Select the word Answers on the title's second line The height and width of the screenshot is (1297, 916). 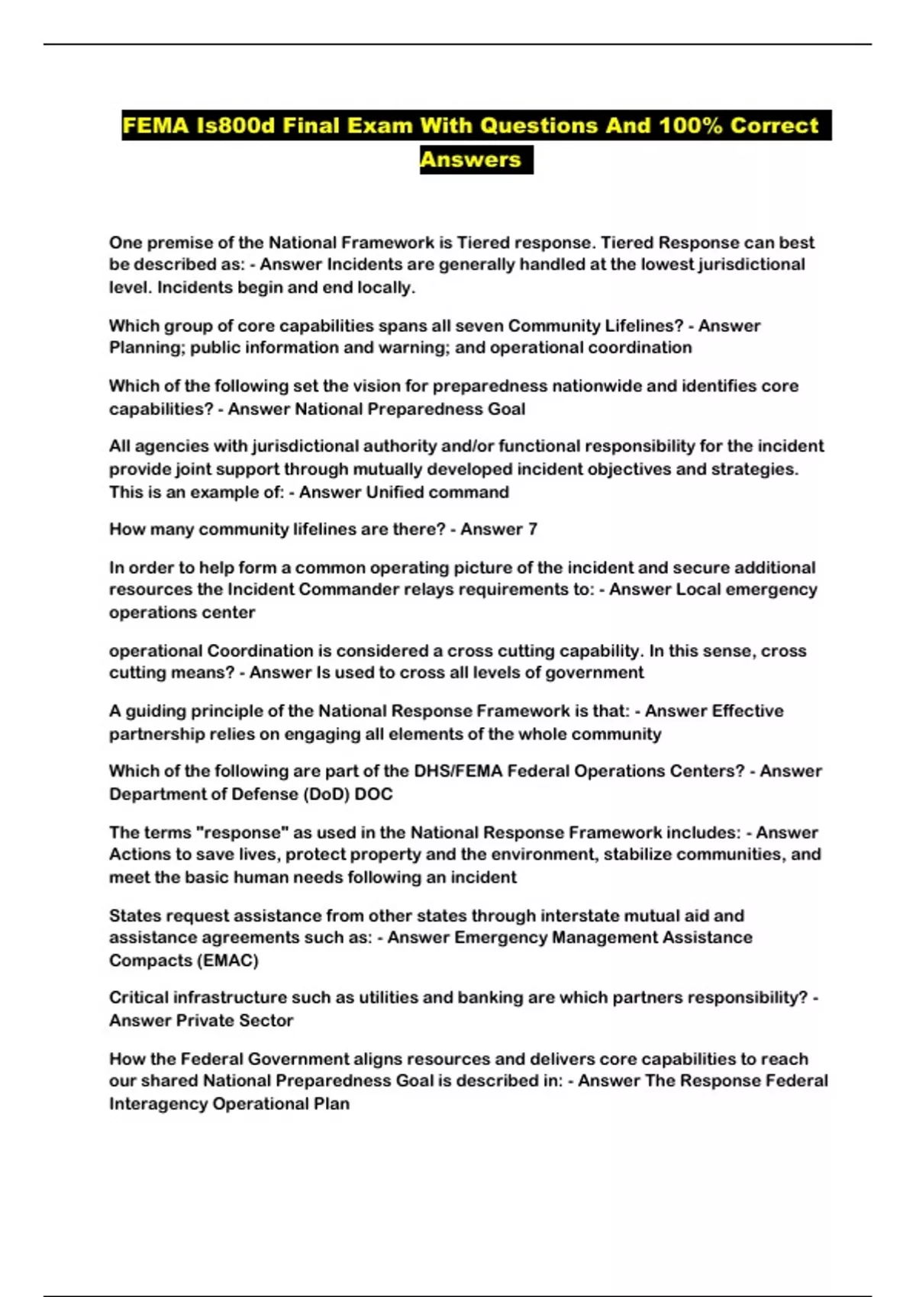coord(470,159)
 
